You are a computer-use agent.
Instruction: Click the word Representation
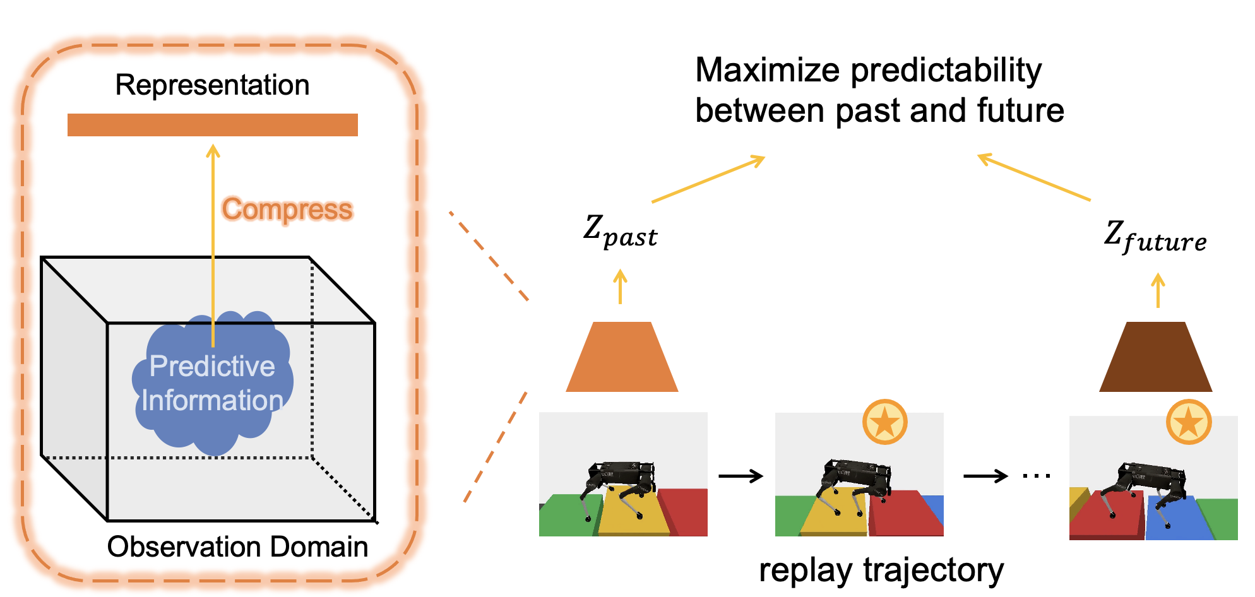tap(212, 85)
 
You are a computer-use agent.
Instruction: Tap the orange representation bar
tap(212, 125)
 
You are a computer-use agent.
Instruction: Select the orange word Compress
tap(287, 210)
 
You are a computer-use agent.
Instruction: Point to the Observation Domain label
tap(237, 547)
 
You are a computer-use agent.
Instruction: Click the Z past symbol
tap(619, 232)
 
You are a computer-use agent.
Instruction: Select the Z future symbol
tap(1155, 237)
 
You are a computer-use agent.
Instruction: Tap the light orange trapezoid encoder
tap(622, 358)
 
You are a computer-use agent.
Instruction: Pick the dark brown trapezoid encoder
tap(1155, 358)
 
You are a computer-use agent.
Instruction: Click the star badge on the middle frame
tap(884, 422)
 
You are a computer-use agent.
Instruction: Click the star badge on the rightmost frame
tap(1188, 422)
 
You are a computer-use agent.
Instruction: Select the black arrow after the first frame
tap(741, 476)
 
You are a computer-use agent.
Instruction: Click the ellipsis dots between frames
tap(1036, 476)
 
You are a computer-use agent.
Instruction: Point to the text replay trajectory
tap(881, 570)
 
